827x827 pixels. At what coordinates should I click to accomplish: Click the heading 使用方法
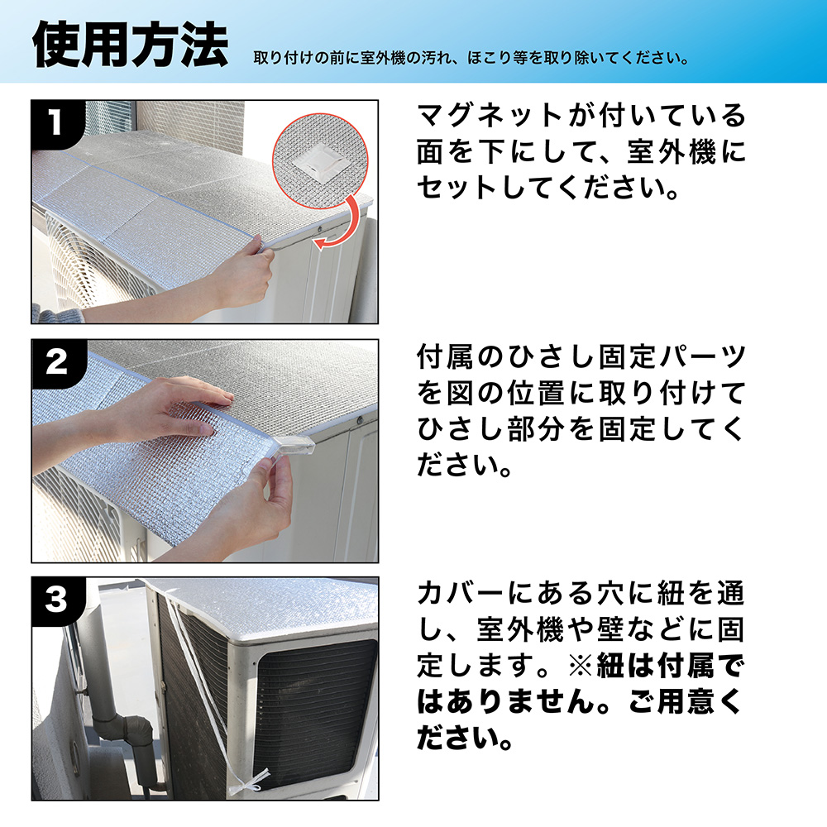pyautogui.click(x=131, y=45)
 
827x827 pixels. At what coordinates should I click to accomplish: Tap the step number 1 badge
pyautogui.click(x=55, y=122)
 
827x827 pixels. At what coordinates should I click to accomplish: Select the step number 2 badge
pyautogui.click(x=56, y=363)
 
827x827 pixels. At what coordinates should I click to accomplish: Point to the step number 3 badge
pyautogui.click(x=56, y=600)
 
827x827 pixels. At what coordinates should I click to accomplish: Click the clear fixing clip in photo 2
pyautogui.click(x=293, y=447)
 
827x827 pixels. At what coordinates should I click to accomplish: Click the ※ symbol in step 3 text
pyautogui.click(x=581, y=666)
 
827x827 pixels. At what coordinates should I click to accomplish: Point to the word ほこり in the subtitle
pyautogui.click(x=490, y=58)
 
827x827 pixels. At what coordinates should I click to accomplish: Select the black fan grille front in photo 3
pyautogui.click(x=315, y=715)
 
